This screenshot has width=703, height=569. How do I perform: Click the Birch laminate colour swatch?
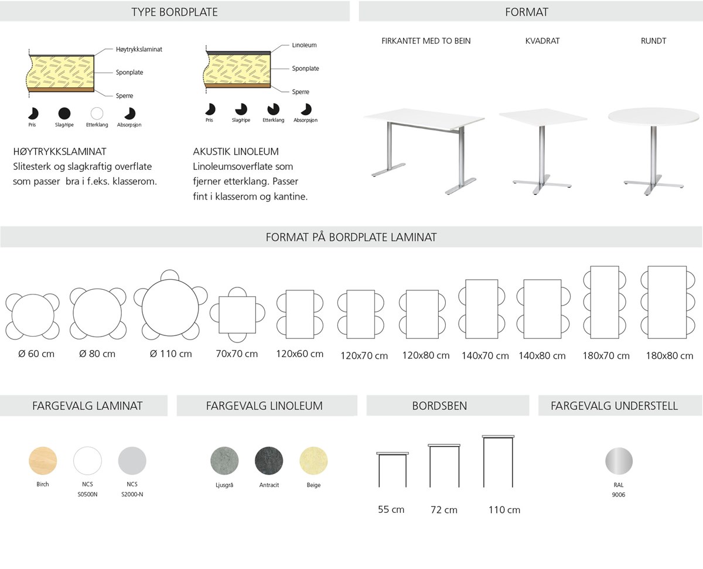(43, 461)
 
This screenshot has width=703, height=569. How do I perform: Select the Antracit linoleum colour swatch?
(269, 461)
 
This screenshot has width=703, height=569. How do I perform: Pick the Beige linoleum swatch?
(313, 461)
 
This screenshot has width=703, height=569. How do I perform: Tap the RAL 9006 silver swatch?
(619, 461)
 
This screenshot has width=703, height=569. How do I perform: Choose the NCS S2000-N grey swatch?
(132, 461)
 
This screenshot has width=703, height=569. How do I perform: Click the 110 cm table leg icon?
(498, 461)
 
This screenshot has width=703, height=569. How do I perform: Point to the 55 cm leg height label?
(391, 510)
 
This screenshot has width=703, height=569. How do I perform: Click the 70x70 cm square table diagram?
(237, 315)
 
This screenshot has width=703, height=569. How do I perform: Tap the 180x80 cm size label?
(670, 355)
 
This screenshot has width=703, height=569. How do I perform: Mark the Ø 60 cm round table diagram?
(33, 316)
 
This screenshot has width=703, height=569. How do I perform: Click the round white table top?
(653, 116)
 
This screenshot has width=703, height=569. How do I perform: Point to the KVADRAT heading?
(542, 41)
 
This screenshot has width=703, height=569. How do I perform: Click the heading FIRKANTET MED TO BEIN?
(426, 41)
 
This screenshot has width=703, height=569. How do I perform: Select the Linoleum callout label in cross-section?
(304, 45)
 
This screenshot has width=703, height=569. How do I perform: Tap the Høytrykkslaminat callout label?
(139, 50)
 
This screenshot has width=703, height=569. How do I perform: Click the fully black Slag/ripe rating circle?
(64, 114)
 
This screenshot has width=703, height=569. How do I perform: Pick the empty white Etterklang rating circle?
(97, 114)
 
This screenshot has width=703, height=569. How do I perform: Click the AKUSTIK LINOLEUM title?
(236, 152)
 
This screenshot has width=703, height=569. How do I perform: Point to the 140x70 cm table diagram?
(482, 309)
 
